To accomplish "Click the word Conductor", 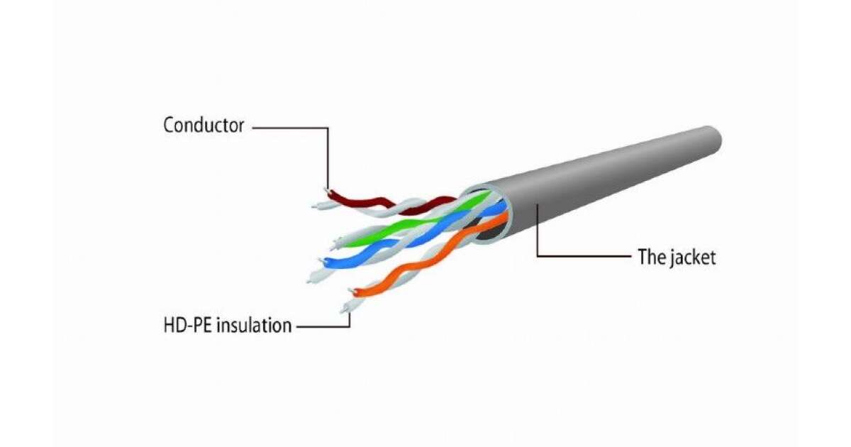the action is pos(204,125).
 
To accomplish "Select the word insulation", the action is pos(254,326).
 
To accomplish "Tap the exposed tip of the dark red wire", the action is pos(327,190).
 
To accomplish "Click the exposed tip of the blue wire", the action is pos(322,261).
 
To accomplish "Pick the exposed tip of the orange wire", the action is pos(352,291).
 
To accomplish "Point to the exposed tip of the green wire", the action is pos(334,243).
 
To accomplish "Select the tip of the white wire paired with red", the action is pos(315,206).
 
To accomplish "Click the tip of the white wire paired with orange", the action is pos(343,310).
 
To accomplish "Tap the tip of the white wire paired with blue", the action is pos(309,281).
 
